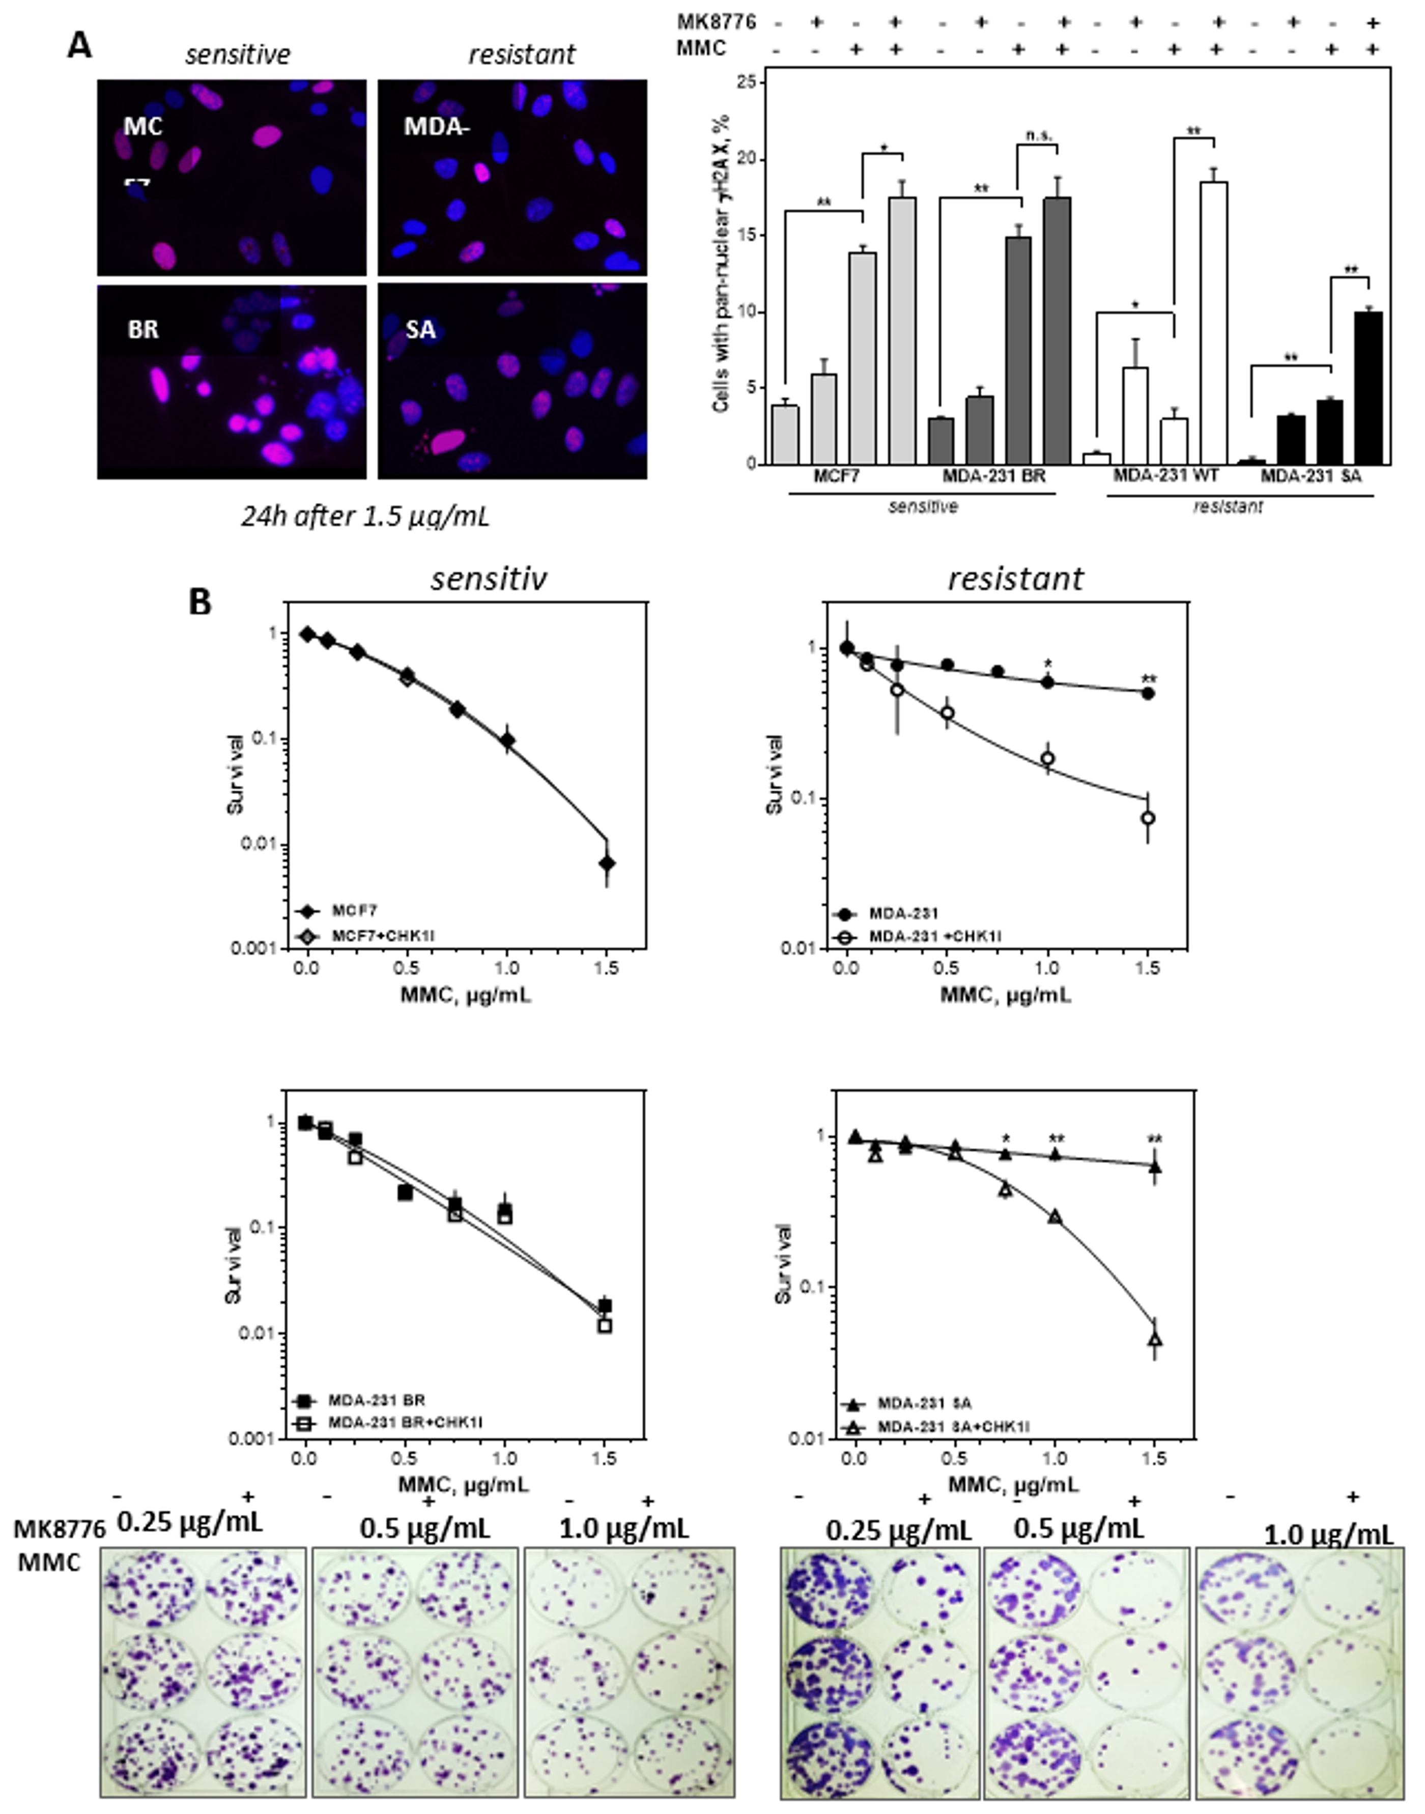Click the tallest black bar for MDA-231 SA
pos(1369,387)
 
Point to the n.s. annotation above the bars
pos(1037,135)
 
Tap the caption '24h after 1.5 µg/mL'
pos(364,517)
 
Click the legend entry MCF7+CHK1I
pos(384,937)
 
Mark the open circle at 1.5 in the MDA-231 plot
pos(1148,818)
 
